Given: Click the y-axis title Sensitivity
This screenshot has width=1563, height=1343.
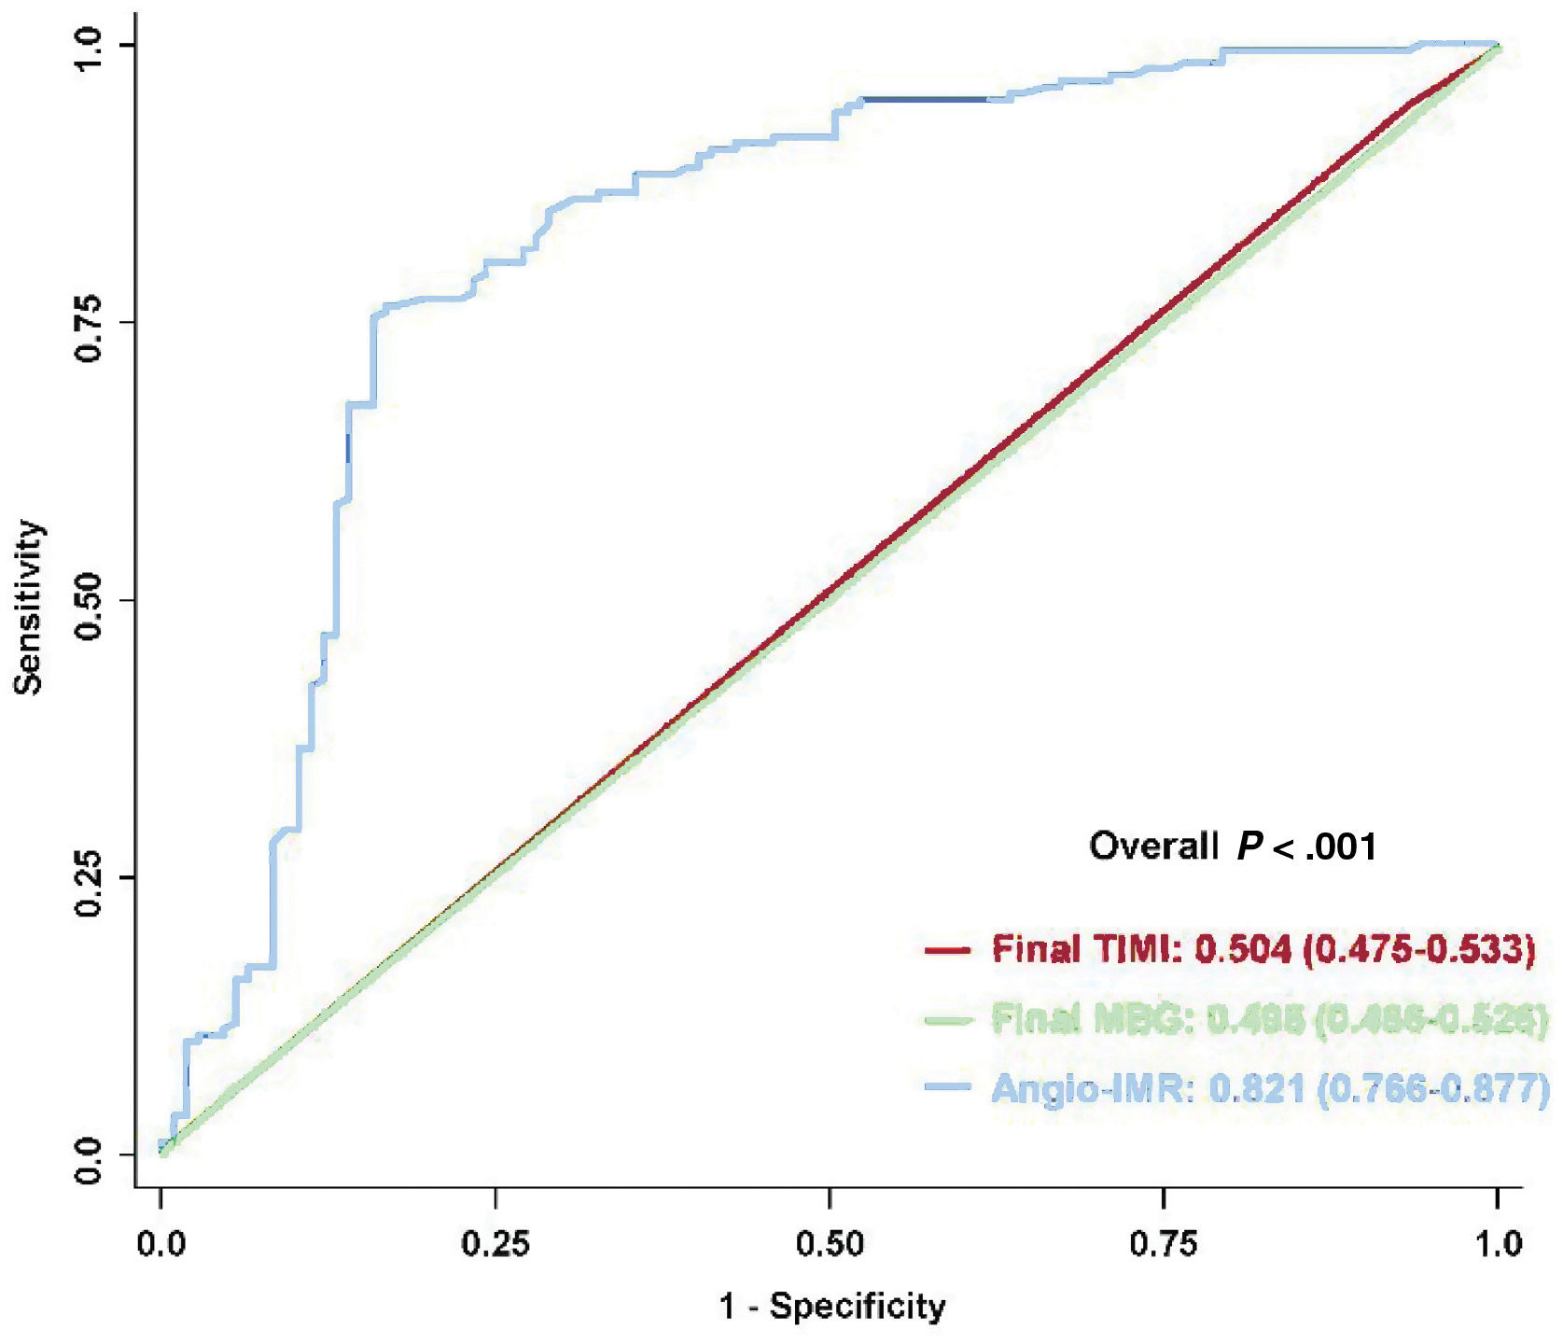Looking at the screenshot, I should click(x=29, y=608).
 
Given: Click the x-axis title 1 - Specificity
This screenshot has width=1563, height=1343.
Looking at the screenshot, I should click(x=831, y=1306).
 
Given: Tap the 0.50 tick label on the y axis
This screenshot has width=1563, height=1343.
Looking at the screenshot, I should click(x=90, y=600).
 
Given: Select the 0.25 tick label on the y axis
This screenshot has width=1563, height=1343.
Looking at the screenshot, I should click(x=90, y=877).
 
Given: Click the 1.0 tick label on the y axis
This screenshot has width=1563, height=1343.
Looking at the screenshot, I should click(x=90, y=47).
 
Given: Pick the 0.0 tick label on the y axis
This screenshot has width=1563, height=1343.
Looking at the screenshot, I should click(x=90, y=1157).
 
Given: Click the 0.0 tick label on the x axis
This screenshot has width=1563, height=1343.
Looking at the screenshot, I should click(x=160, y=1243).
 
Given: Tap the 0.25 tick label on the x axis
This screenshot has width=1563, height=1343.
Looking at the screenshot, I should click(x=495, y=1243).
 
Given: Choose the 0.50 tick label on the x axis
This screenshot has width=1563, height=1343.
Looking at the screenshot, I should click(x=830, y=1243).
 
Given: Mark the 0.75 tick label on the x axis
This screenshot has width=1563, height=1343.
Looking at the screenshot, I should click(x=1163, y=1243).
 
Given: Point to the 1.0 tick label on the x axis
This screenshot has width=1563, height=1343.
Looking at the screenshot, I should click(x=1498, y=1243).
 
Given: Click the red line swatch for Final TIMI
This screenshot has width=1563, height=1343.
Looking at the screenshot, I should click(x=947, y=951).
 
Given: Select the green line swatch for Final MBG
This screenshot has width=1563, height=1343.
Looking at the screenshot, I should click(x=947, y=1020).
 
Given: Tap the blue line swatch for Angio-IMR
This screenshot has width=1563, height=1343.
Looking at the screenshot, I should click(x=947, y=1088).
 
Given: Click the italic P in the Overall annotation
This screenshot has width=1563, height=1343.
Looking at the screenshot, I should click(x=1249, y=846).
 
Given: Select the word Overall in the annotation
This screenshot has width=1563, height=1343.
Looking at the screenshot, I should click(x=1153, y=846).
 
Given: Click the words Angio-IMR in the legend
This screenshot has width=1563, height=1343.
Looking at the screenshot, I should click(x=1092, y=1088).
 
